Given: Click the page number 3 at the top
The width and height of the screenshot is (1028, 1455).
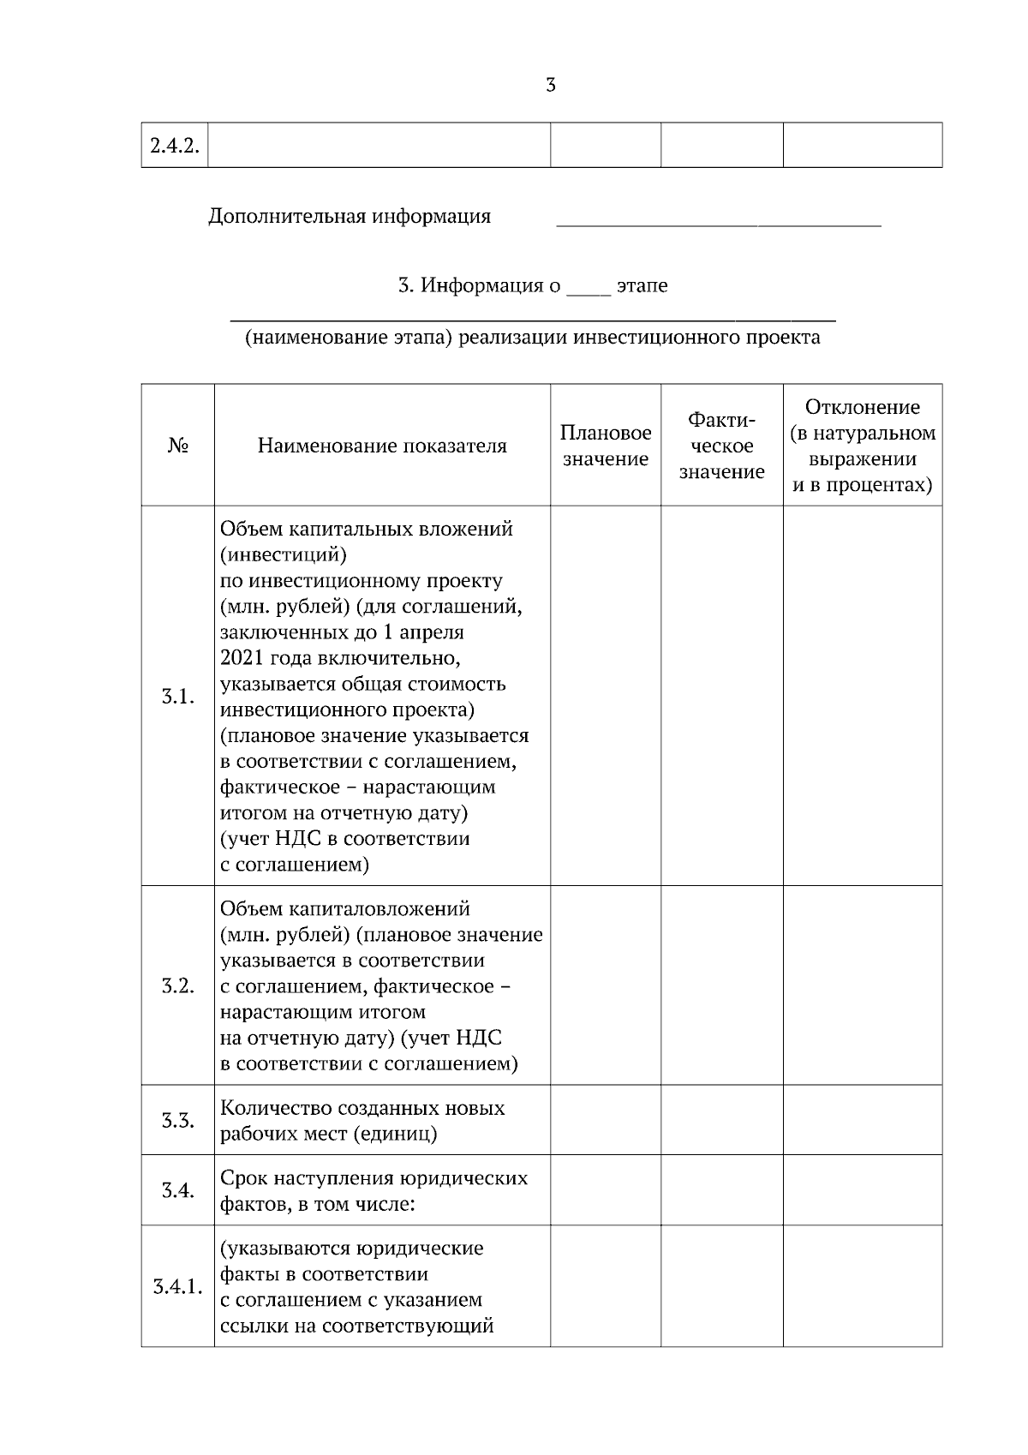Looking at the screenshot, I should click(x=551, y=85).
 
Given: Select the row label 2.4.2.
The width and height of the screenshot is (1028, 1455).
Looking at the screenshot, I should click(x=175, y=146).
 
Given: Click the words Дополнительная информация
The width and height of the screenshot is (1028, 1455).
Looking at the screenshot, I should click(x=350, y=216).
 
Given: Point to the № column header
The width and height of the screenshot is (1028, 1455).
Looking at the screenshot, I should click(x=177, y=446).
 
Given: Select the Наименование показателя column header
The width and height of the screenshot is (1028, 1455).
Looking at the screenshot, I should click(x=382, y=446).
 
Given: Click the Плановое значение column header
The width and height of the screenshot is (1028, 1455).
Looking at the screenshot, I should click(x=606, y=446).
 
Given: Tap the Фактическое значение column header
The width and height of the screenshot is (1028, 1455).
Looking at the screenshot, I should click(x=721, y=446).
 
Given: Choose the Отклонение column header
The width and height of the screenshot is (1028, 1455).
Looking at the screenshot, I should click(x=862, y=446).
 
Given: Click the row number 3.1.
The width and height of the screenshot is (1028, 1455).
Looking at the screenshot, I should click(x=177, y=697).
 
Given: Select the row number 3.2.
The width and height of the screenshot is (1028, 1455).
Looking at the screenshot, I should click(x=177, y=986).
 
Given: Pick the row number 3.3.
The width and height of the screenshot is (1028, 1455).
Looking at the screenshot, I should click(x=177, y=1121).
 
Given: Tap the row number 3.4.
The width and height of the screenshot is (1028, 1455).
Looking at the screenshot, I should click(x=177, y=1190).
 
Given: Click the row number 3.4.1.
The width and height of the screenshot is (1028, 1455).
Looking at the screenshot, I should click(x=177, y=1287).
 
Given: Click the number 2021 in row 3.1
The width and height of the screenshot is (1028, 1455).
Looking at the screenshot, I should click(x=242, y=658).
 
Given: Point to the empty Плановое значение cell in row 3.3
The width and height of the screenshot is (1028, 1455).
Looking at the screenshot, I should click(x=606, y=1121).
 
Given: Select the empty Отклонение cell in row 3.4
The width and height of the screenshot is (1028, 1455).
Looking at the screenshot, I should click(x=862, y=1190).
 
